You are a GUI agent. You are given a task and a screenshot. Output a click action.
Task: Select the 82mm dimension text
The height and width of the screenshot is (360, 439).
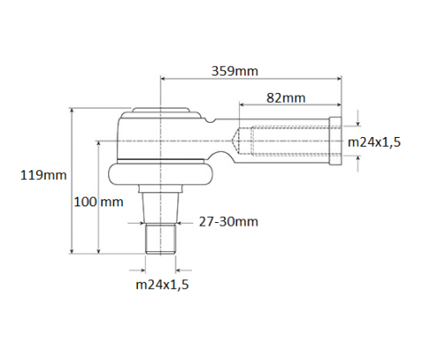pos(279,98)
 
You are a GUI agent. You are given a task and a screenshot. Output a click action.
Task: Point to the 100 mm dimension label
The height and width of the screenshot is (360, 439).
pos(98,201)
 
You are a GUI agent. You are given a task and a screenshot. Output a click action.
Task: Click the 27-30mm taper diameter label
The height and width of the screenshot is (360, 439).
pos(228,222)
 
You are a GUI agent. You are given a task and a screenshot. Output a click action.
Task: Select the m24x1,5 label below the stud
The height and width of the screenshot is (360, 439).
pos(162,285)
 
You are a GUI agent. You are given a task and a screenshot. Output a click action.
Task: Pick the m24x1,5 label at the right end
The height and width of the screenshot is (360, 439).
pos(375,141)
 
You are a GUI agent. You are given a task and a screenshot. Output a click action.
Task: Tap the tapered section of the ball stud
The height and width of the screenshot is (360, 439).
pos(160,207)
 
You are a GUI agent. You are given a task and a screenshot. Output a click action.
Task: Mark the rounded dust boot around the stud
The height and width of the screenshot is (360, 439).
pos(160,174)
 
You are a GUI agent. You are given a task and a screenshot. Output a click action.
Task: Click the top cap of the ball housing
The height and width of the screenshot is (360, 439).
pos(160,112)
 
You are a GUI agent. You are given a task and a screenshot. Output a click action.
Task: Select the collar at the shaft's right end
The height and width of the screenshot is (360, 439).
pos(335,140)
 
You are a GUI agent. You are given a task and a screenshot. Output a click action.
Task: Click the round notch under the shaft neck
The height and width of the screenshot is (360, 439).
pos(227,159)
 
